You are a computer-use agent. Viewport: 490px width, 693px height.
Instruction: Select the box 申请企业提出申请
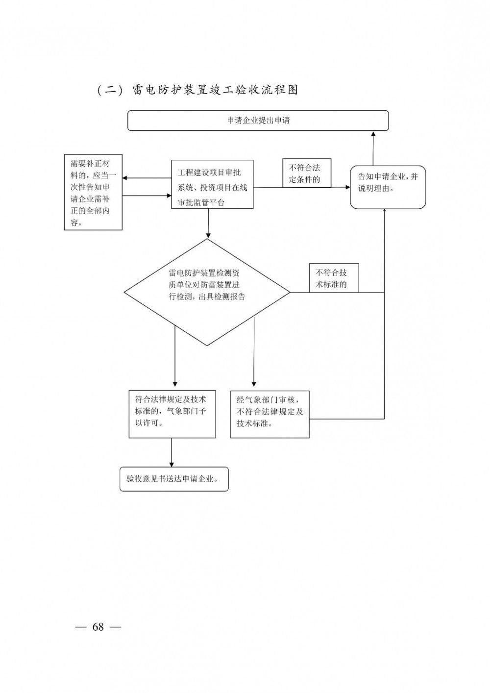[x=258, y=121]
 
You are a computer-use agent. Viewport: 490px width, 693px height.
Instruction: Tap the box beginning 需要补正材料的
[x=93, y=193]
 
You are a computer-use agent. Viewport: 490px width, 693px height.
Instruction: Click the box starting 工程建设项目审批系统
[x=212, y=184]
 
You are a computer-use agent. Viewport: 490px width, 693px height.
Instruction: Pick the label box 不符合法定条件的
[x=307, y=173]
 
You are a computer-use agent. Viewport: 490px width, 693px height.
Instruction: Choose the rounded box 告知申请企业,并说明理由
[x=388, y=187]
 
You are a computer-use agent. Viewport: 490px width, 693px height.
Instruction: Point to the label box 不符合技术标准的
[x=334, y=278]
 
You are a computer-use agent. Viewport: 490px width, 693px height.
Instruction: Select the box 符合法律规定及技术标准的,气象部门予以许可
[x=172, y=414]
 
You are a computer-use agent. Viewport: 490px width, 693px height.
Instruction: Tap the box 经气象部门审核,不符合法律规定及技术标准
[x=270, y=414]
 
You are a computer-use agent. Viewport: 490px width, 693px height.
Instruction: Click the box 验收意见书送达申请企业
[x=174, y=479]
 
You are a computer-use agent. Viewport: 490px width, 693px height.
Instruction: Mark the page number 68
[x=98, y=627]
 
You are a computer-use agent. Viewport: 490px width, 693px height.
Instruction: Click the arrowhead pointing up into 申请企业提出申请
[x=373, y=134]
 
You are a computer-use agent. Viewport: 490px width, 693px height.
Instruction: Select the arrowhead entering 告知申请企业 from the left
[x=347, y=187]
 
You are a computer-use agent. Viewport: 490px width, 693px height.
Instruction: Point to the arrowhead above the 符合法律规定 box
[x=174, y=383]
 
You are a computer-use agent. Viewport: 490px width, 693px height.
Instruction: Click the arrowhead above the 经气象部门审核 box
[x=253, y=383]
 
